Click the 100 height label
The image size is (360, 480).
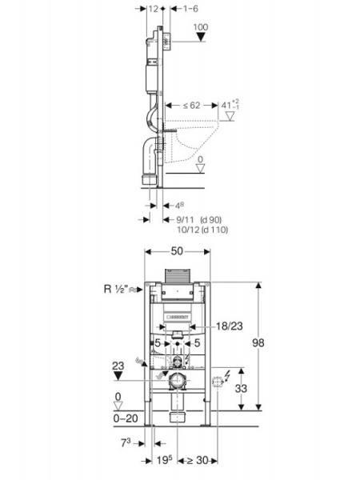coord(201,27)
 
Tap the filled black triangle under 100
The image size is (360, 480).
coord(201,37)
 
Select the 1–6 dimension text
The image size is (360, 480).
coord(190,9)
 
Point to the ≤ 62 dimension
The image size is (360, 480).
coord(192,106)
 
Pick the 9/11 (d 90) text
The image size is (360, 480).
coord(199,219)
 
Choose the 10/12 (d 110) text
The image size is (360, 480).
coord(202,230)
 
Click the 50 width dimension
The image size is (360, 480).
coord(177,251)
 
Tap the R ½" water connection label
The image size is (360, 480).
coord(115,289)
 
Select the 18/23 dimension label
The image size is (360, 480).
coord(230,326)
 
